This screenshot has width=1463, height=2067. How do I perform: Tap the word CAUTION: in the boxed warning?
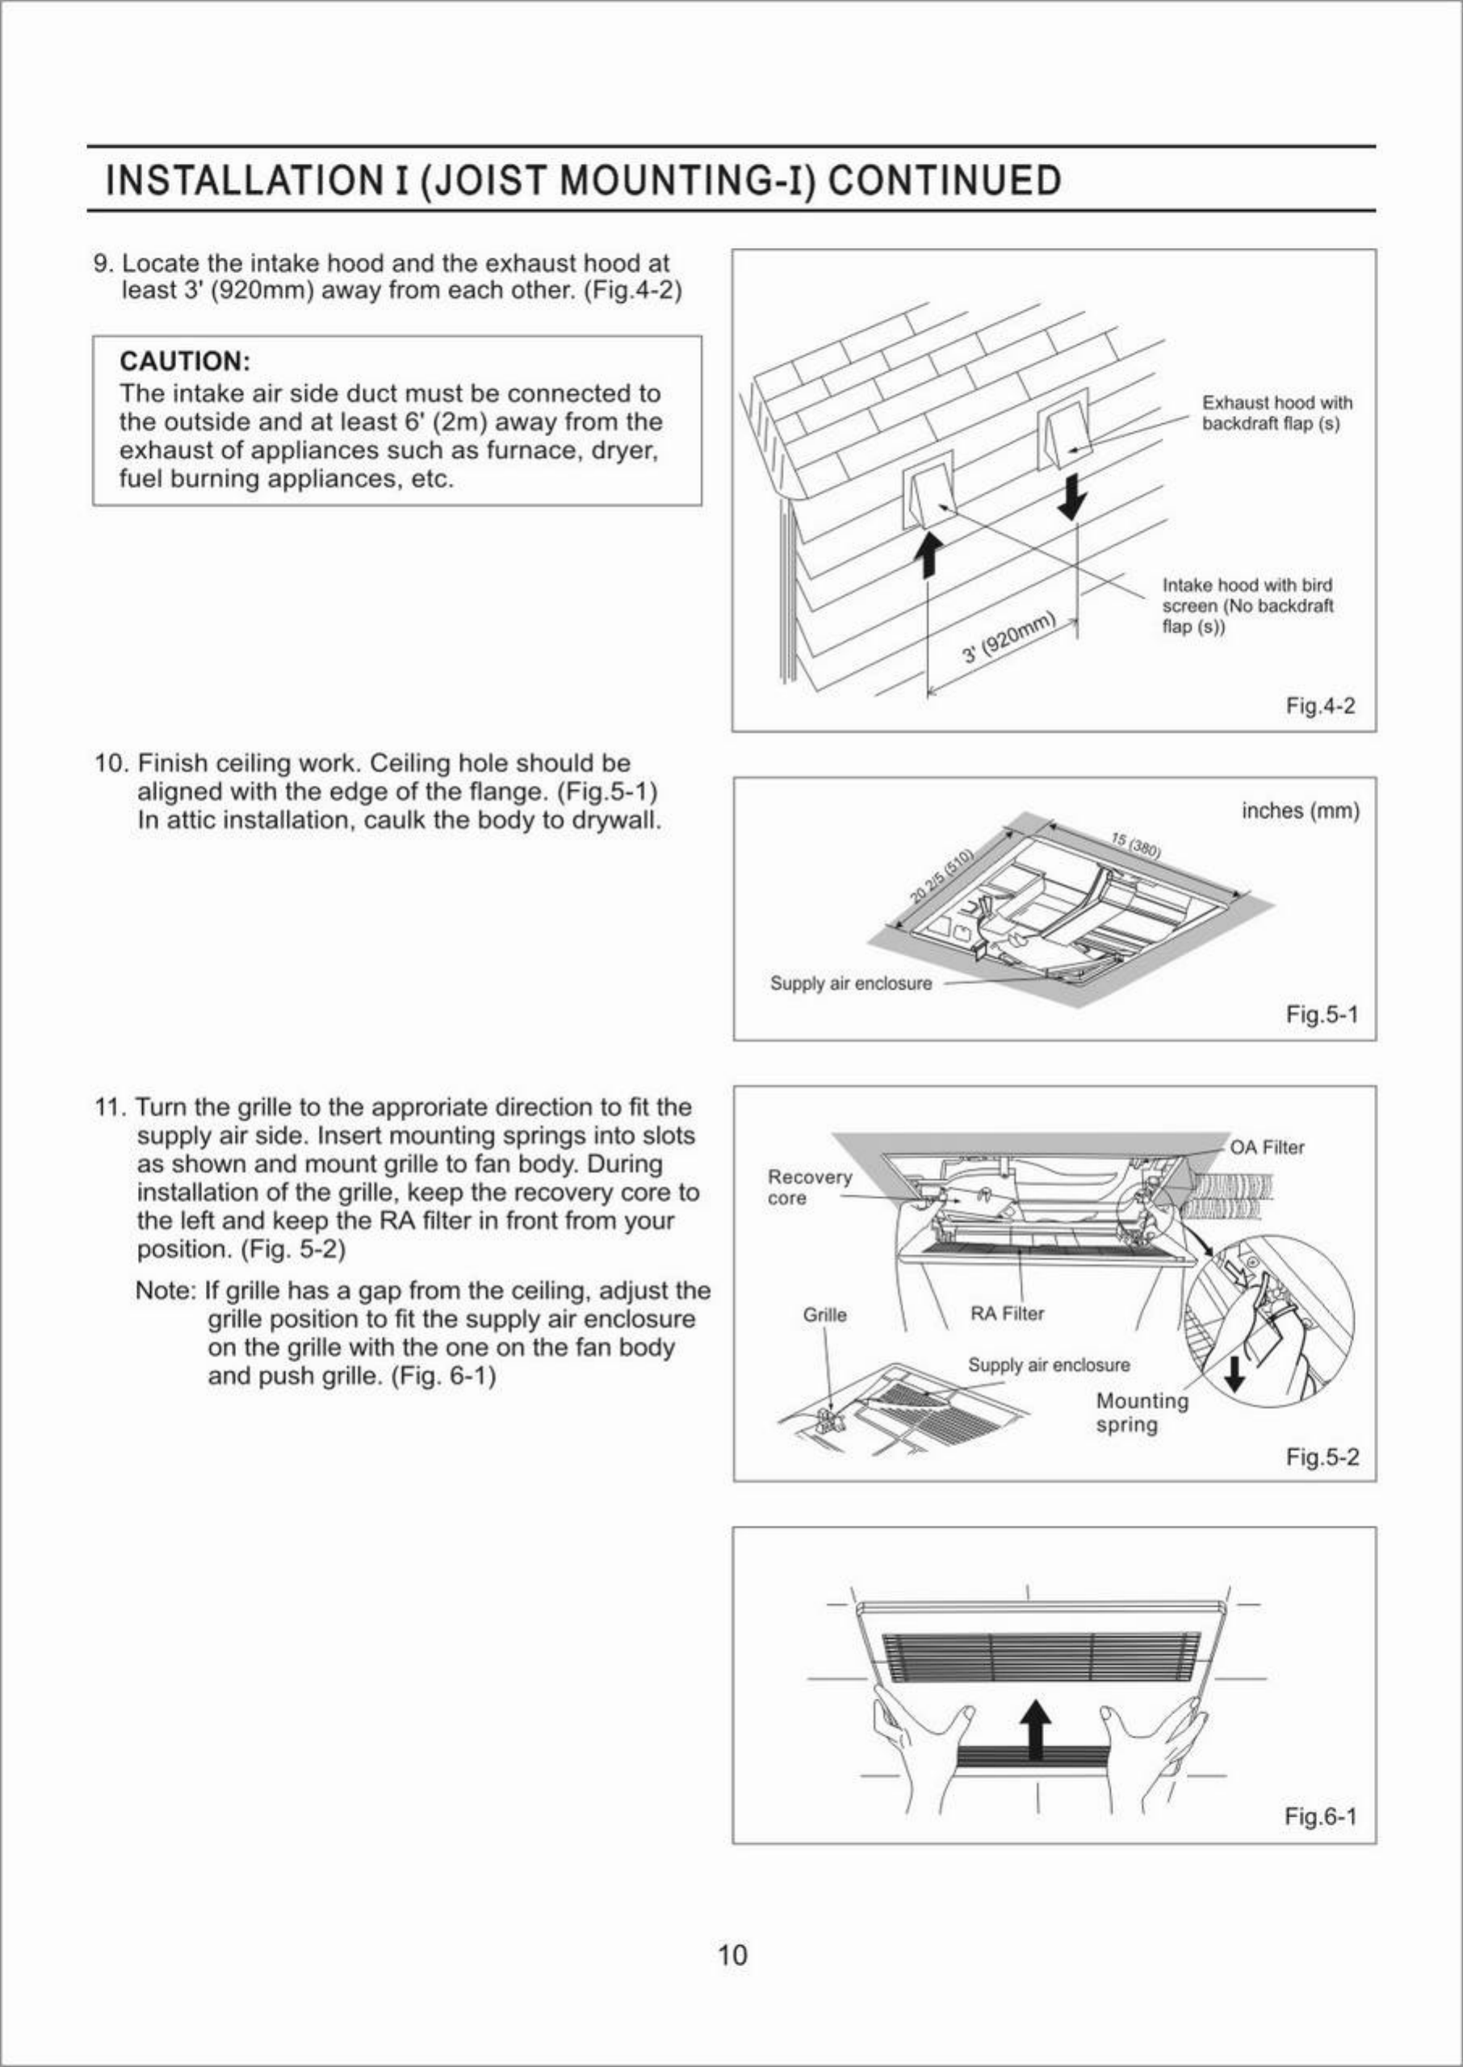point(185,362)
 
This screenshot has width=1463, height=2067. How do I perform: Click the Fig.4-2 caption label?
point(1320,706)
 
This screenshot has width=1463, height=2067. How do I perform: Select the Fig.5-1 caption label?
point(1322,1015)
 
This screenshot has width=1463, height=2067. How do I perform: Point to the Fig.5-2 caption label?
point(1322,1457)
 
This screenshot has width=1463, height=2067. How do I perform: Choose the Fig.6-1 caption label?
point(1320,1817)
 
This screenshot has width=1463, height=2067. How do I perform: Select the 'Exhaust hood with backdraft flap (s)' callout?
point(1276,413)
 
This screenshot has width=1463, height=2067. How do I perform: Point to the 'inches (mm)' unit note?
point(1300,811)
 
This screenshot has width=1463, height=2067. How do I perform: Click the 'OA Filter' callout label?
point(1267,1147)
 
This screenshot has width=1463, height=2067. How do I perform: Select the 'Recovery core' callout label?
point(808,1187)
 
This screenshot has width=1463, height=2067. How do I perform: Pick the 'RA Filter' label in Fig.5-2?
point(1006,1314)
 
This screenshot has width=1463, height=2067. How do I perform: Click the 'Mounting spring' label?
point(1142,1412)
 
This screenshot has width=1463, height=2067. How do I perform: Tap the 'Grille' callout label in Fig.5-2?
point(824,1315)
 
